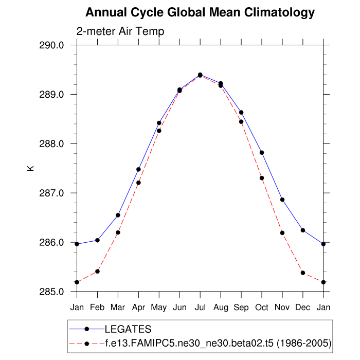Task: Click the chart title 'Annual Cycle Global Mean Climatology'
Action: click(200, 12)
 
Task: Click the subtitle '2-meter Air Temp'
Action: click(120, 31)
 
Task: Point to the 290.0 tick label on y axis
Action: click(51, 45)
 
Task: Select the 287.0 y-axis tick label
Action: click(51, 193)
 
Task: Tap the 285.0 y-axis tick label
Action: click(51, 292)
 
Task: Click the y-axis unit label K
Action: click(30, 168)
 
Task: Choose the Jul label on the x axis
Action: click(200, 308)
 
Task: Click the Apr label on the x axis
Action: click(138, 308)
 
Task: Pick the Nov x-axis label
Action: click(282, 308)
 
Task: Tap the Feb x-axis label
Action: click(97, 308)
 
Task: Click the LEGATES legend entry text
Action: click(128, 329)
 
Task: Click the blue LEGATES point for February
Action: click(97, 240)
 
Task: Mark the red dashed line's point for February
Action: click(97, 271)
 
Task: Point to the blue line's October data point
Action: click(262, 153)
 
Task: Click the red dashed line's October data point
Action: click(262, 178)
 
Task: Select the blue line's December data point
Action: click(303, 230)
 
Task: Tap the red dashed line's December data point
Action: click(303, 273)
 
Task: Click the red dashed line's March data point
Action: click(118, 232)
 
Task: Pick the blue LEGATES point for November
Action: click(282, 200)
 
